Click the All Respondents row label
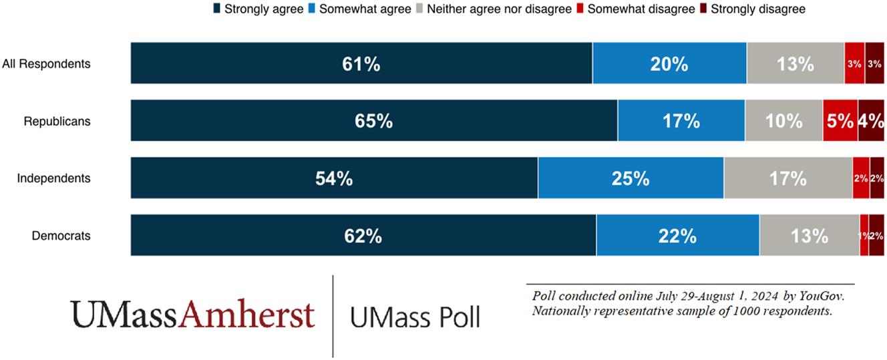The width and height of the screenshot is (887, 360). (46, 64)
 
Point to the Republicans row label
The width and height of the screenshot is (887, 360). (57, 122)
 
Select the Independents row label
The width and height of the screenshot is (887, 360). (53, 178)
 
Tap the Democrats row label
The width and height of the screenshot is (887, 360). (61, 236)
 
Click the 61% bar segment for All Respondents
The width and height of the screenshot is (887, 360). (361, 64)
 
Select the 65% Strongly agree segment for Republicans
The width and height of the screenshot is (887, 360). (374, 122)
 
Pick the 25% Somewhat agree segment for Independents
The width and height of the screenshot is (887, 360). (631, 178)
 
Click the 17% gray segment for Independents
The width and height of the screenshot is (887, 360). (787, 178)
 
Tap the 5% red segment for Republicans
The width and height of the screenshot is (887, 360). (840, 122)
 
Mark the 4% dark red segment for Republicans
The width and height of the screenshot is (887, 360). (871, 122)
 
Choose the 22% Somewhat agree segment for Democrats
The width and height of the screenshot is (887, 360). (677, 236)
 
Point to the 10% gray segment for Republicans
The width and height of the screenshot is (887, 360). (783, 122)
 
